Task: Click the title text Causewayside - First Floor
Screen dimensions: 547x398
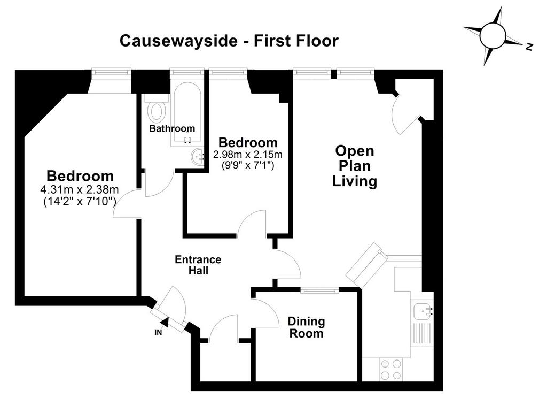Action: [229, 41]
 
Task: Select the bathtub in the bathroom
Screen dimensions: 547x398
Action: [187, 114]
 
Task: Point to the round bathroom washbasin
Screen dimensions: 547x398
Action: [198, 157]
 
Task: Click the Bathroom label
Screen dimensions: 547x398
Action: [172, 128]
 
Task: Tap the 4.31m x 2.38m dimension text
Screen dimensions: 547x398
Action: [80, 190]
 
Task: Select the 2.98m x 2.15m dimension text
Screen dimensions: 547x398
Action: [248, 154]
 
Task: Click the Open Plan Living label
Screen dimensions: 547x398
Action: [355, 166]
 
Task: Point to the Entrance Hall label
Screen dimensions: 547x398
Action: [198, 265]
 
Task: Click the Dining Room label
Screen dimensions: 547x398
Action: [306, 327]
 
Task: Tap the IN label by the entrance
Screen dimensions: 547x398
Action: [158, 333]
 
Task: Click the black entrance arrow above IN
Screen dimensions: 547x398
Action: [165, 323]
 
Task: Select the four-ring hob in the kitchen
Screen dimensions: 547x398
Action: [390, 370]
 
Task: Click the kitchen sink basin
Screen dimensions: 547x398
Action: [422, 310]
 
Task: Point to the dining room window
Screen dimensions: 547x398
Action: [320, 290]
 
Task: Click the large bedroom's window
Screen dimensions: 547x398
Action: [111, 72]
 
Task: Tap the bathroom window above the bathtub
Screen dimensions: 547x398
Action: [186, 72]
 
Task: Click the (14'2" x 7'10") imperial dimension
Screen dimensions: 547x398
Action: [80, 202]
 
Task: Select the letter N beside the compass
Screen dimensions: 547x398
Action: [529, 47]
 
